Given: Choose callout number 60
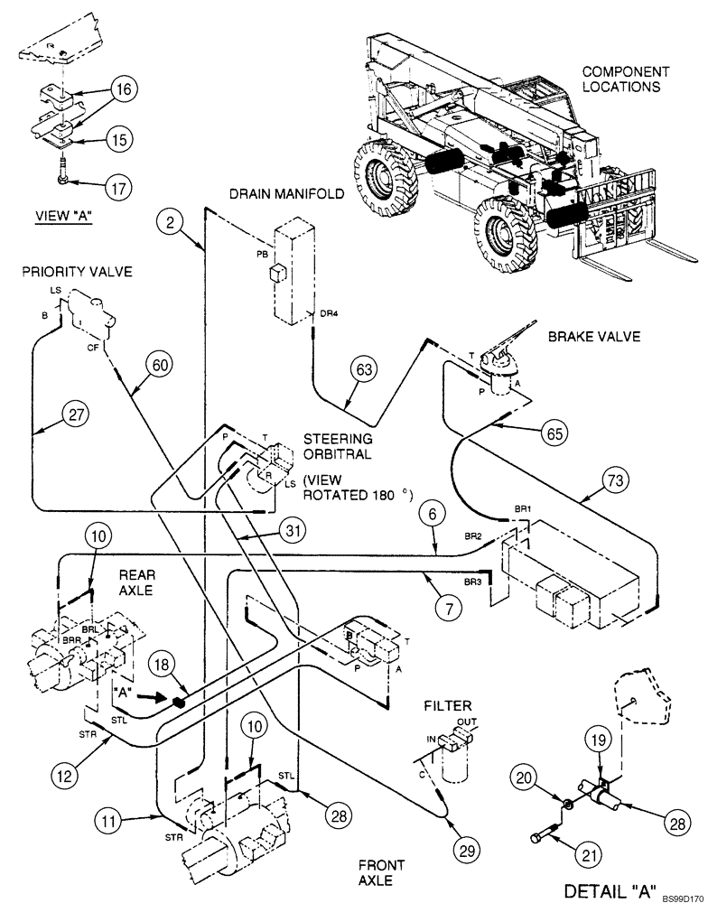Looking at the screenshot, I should click(160, 365).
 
